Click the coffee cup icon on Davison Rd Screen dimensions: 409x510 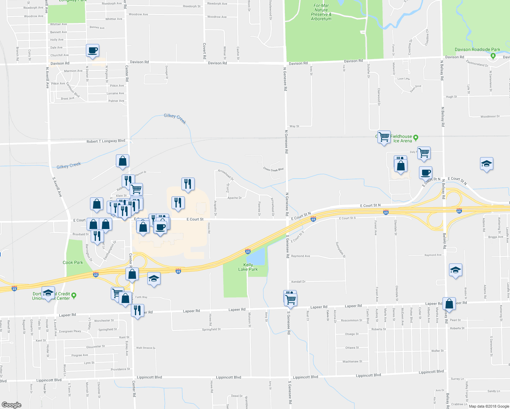coord(93,50)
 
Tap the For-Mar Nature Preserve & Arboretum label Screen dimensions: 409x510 coord(321,12)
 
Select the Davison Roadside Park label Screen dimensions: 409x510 coord(477,49)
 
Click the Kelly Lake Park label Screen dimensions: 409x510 coord(248,267)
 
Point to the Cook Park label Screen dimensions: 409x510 coord(73,262)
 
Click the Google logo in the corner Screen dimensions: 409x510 coord(11,405)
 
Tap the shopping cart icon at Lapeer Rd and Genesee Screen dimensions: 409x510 coord(291,300)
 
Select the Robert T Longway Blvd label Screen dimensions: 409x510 coord(106,141)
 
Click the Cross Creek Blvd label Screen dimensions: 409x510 coord(273,169)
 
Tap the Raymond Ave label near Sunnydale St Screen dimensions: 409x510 coord(300,256)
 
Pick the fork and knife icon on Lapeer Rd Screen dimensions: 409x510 coord(137,310)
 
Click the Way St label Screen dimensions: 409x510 coord(294,126)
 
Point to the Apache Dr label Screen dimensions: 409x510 coord(234,198)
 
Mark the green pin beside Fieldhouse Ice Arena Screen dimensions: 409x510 coord(416,138)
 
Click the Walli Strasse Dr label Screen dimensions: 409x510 coord(146,348)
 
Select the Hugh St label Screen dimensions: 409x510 coord(451,97)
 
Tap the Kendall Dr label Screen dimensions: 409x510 coord(298,282)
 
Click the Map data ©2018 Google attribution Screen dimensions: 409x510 coord(489,406)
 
